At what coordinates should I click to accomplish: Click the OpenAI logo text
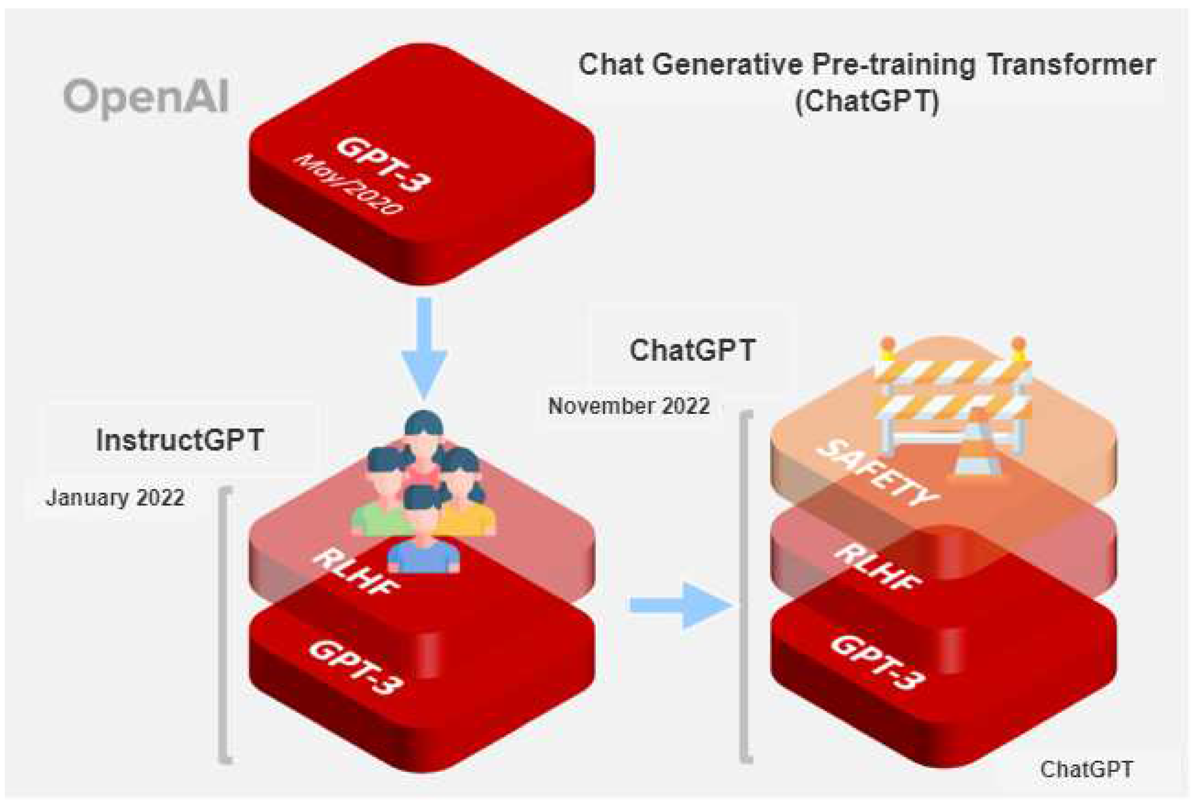(146, 97)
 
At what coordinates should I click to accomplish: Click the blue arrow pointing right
(680, 605)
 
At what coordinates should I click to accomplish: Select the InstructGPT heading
(180, 440)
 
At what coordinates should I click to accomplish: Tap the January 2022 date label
(115, 498)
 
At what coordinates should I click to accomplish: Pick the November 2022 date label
(629, 406)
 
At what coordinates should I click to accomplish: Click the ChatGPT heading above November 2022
(692, 350)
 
